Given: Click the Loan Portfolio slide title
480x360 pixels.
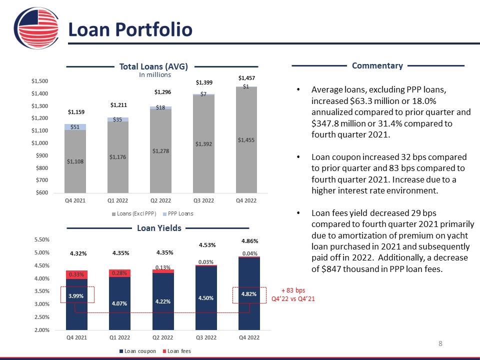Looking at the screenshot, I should (x=130, y=29).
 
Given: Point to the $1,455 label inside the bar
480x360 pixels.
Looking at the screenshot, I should (x=246, y=140).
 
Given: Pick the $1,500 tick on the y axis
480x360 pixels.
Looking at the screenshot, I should (x=39, y=81).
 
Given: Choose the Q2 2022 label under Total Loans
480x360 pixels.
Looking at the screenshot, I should (x=161, y=201).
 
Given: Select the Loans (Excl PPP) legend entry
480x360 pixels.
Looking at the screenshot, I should (x=134, y=214).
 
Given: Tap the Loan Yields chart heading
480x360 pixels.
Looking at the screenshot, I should (x=159, y=228).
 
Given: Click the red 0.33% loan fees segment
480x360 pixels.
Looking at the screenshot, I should (x=76, y=274).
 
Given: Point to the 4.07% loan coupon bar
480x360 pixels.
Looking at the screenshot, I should (x=119, y=302).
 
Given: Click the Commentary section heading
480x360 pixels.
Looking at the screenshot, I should (x=377, y=65).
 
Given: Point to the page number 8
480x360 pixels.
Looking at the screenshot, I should (x=440, y=343).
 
